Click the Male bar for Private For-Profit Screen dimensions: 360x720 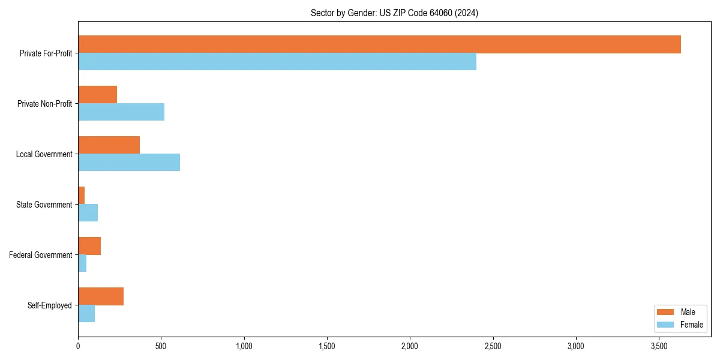[x=379, y=44]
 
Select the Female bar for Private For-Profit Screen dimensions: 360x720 [x=277, y=62]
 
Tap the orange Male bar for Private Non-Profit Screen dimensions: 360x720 [x=97, y=95]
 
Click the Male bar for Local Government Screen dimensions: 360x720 [x=109, y=145]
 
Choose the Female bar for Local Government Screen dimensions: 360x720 [x=129, y=163]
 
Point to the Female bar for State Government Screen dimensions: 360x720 [x=88, y=213]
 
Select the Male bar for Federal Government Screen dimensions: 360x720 [x=89, y=246]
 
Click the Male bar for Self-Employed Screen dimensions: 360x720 [x=101, y=296]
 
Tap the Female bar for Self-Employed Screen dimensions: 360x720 [x=86, y=314]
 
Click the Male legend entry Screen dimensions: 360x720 [x=680, y=312]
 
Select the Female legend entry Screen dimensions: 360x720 [x=680, y=325]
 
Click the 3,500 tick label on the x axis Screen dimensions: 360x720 [x=659, y=346]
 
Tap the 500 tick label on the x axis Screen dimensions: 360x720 [x=161, y=346]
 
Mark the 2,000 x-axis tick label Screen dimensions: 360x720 [x=410, y=346]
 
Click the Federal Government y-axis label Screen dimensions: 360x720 [x=41, y=255]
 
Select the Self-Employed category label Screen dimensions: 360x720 [x=50, y=305]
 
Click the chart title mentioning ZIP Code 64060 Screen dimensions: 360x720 [x=394, y=13]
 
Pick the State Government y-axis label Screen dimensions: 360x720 [x=44, y=205]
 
